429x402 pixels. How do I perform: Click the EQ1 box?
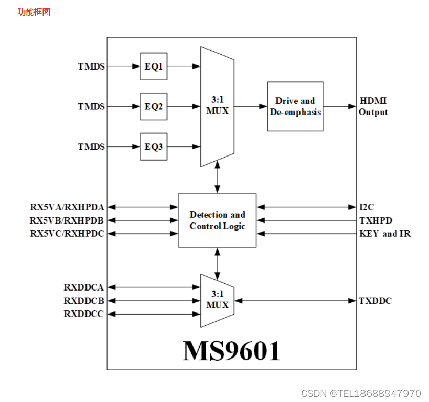[x=154, y=66]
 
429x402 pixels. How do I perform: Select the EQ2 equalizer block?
[x=154, y=106]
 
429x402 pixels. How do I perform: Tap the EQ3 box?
[x=154, y=147]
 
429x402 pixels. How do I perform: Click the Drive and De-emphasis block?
[x=295, y=106]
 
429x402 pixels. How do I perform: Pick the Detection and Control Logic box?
[x=217, y=220]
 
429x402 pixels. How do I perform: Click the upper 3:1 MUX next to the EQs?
[x=218, y=106]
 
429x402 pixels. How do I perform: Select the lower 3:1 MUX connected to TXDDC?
[x=217, y=300]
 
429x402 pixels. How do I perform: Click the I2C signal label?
[x=367, y=207]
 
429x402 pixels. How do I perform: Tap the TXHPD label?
[x=375, y=220]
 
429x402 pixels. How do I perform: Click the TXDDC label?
[x=375, y=301]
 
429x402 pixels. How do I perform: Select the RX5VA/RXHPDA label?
[x=67, y=207]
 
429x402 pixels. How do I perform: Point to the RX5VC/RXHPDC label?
[x=67, y=234]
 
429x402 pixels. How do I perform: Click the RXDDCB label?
[x=83, y=301]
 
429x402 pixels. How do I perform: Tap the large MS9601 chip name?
[x=232, y=350]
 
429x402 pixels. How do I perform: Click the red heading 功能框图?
[x=34, y=12]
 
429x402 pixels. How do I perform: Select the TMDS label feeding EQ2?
[x=91, y=106]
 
